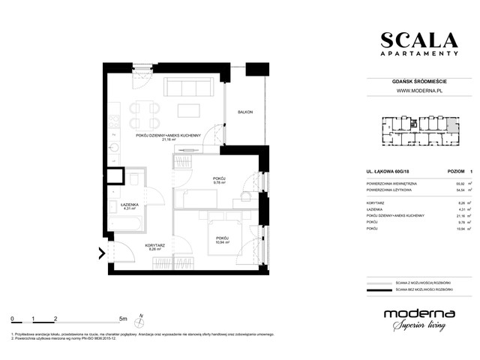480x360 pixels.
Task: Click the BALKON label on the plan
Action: click(245, 112)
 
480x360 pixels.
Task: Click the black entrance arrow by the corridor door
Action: click(100, 256)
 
